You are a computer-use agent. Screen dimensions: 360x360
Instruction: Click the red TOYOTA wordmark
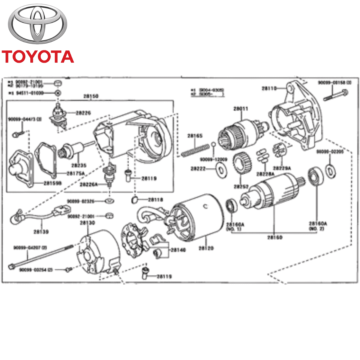(x=37, y=57)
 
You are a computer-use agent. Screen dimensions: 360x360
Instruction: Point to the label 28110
(x=269, y=88)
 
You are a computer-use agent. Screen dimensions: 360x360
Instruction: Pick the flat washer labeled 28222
(x=220, y=169)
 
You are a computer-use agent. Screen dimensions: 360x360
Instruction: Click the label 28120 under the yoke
(x=206, y=248)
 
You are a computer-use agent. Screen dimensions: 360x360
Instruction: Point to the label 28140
(x=178, y=250)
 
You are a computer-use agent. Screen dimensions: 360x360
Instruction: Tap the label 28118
(x=156, y=200)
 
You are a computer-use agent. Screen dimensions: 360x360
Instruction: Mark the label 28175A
(x=75, y=173)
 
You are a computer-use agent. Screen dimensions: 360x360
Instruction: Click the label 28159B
(x=53, y=183)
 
